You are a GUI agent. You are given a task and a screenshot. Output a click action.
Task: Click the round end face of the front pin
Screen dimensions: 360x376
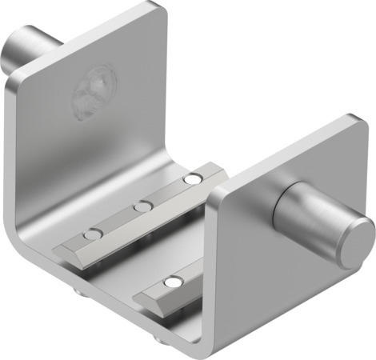353,243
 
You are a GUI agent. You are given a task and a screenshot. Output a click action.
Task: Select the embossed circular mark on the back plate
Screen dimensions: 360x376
94,91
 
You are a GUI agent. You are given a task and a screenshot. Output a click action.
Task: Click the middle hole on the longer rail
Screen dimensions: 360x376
142,207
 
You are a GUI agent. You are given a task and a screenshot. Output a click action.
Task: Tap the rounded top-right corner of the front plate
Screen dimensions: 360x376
356,123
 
